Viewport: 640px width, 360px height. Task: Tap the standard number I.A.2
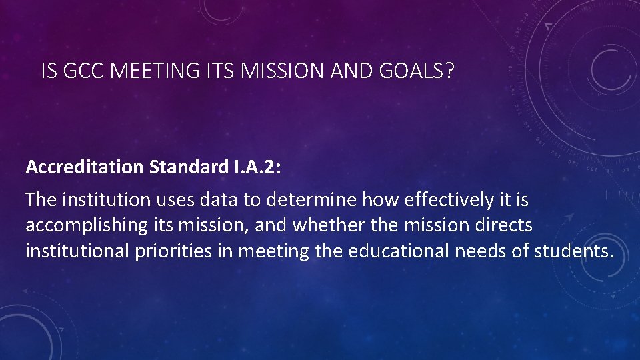coord(252,167)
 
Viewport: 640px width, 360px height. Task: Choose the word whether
coord(327,225)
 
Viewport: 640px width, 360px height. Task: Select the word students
coord(575,251)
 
